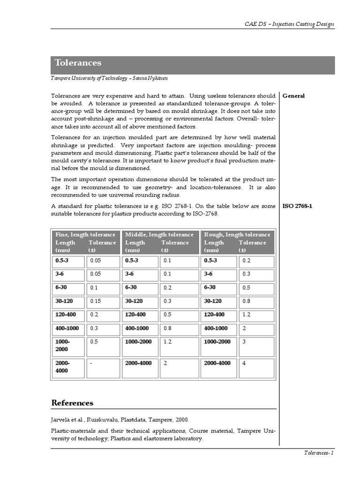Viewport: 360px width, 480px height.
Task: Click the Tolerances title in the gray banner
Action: coord(78,63)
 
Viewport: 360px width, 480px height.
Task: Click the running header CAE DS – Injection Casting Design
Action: coord(290,24)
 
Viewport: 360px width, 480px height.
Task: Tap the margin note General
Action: coord(293,96)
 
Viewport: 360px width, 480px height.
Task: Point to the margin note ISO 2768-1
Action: coord(297,206)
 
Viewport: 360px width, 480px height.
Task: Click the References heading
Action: coord(72,403)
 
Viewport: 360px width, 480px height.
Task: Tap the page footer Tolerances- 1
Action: coord(318,453)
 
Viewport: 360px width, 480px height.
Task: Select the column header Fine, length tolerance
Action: coord(85,234)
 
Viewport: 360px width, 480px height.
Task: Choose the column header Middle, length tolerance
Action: coord(159,234)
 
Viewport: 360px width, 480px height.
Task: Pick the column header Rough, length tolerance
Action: coord(237,234)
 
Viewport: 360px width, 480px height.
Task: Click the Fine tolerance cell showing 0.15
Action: coord(103,301)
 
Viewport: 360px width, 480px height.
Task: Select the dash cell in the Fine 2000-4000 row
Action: coord(103,367)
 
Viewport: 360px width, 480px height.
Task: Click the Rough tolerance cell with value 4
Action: coord(256,367)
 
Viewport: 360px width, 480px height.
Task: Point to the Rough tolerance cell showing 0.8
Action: coord(256,301)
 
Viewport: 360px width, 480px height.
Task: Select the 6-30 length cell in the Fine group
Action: coord(68,287)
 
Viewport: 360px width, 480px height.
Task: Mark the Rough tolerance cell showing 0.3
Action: coord(256,274)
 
